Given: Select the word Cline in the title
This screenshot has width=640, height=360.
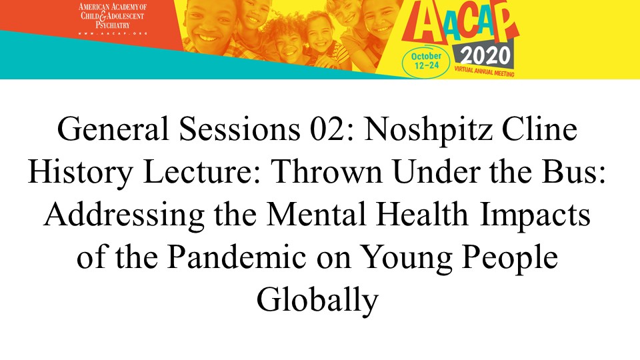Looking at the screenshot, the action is click(539, 129).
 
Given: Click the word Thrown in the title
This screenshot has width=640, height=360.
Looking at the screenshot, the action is click(326, 171).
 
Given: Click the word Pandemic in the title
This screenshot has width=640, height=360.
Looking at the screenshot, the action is click(237, 257).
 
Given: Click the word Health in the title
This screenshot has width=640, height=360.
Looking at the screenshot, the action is click(421, 214).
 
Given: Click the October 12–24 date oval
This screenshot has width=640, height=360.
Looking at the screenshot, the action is click(426, 61).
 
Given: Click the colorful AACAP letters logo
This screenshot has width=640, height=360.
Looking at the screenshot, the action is click(461, 23).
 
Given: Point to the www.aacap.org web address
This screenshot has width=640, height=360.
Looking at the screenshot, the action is click(113, 33).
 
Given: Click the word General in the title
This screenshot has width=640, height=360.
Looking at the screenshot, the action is click(113, 129).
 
